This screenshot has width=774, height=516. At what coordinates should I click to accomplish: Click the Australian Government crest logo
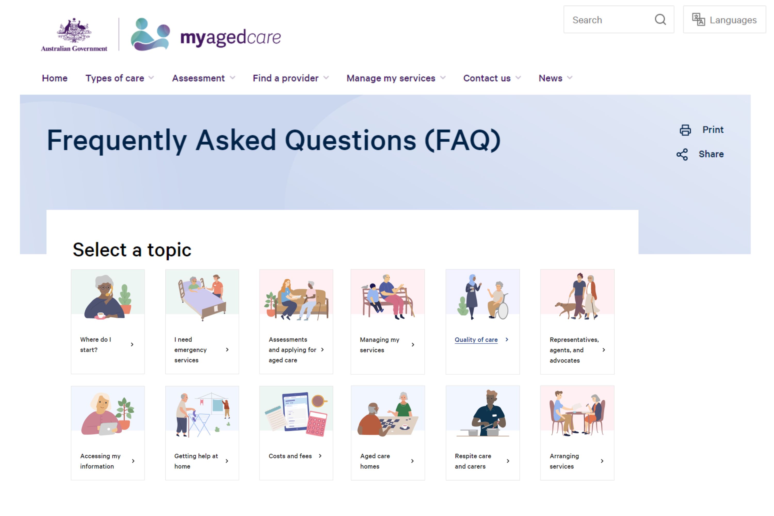click(x=74, y=35)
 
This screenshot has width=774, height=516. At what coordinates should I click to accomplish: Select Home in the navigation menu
click(x=55, y=78)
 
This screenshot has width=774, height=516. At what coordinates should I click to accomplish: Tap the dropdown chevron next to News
click(x=570, y=78)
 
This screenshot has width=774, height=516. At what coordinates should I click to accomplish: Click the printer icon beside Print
click(x=685, y=130)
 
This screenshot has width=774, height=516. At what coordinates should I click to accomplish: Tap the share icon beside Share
click(x=682, y=154)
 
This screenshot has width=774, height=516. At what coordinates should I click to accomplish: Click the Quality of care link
click(x=476, y=340)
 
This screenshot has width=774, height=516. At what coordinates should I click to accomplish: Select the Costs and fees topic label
click(x=290, y=456)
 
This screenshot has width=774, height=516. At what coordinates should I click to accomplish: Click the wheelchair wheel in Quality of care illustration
click(x=503, y=311)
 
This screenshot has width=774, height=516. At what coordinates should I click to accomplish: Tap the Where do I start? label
click(x=95, y=344)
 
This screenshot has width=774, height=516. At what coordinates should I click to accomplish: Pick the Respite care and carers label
click(x=473, y=461)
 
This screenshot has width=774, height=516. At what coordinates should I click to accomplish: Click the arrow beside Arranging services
click(x=602, y=461)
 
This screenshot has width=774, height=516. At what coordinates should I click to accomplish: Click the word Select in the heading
click(x=99, y=250)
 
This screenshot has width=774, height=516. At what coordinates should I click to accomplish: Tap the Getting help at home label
click(x=196, y=461)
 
